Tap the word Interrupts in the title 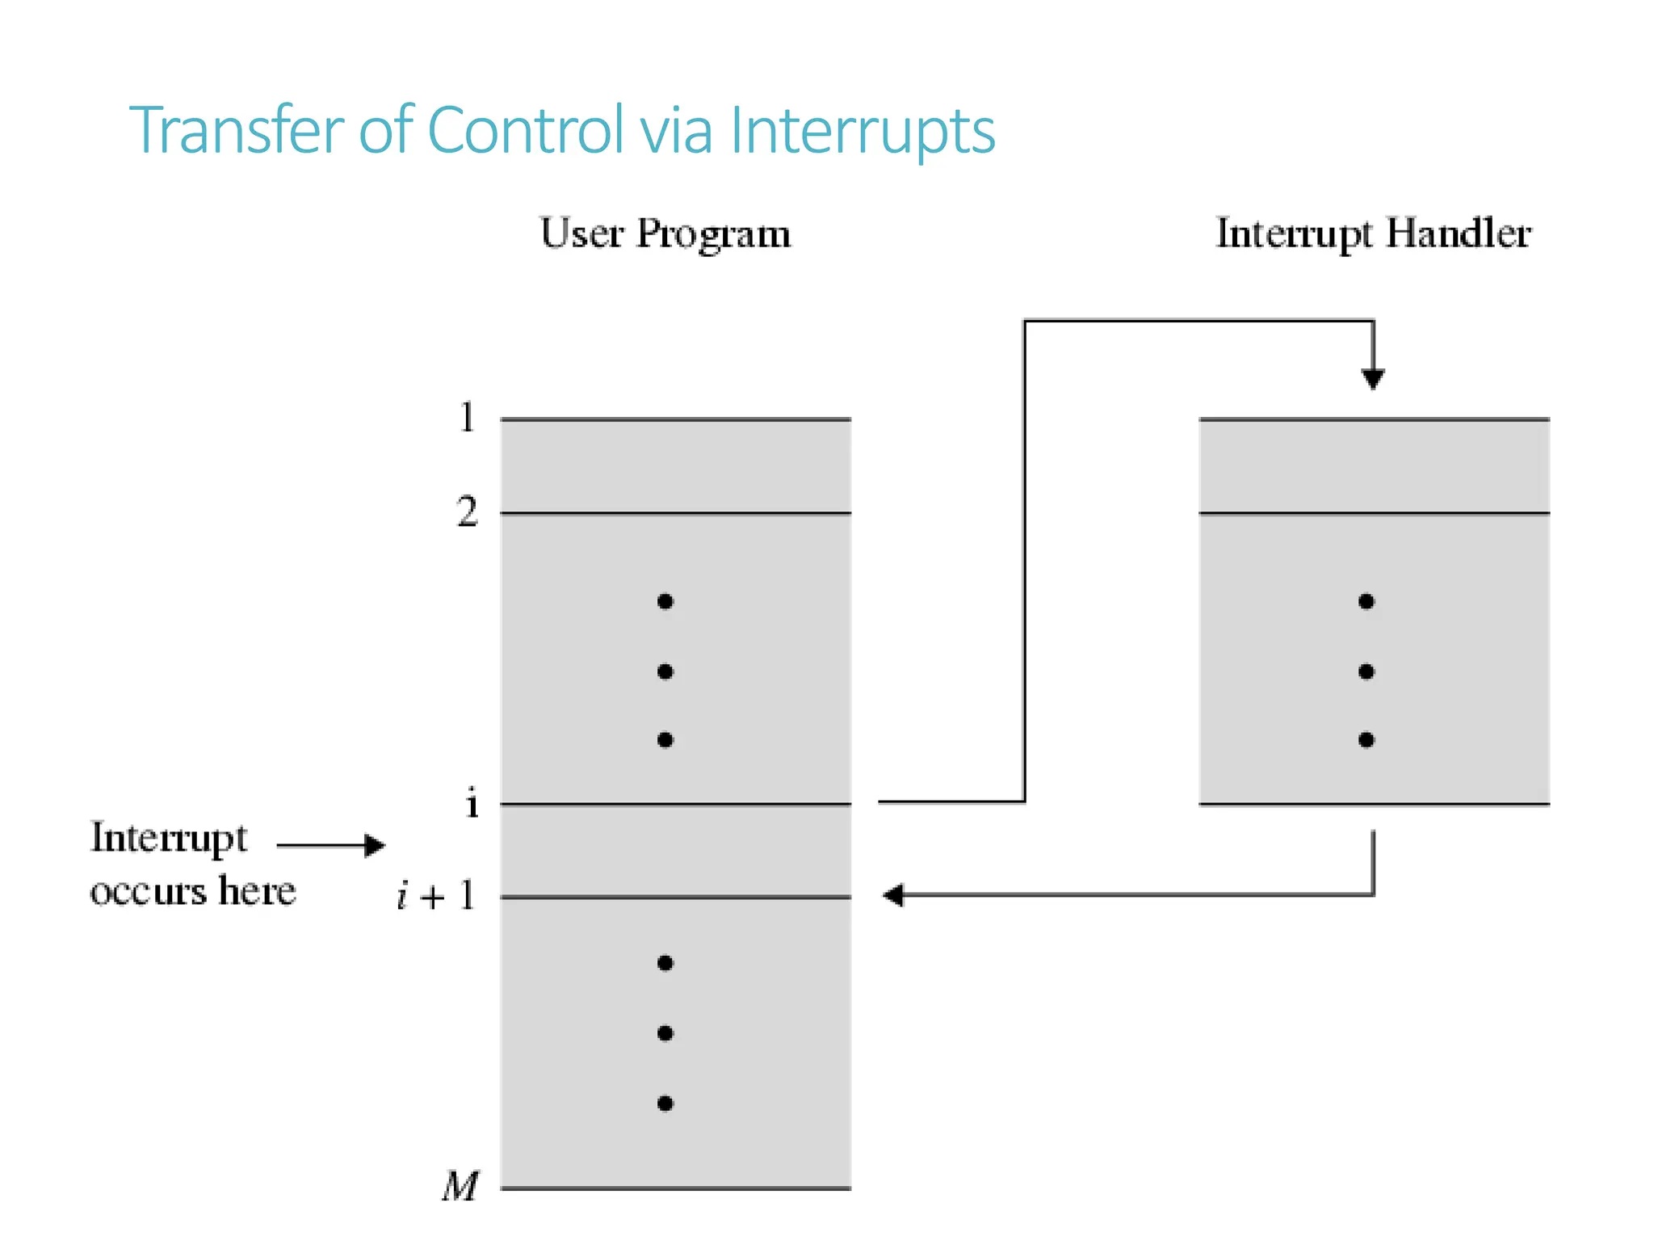[862, 132]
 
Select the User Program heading [665, 234]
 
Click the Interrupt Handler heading [1373, 234]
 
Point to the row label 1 [467, 418]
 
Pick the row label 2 [467, 512]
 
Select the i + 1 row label [436, 896]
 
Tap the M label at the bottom [460, 1186]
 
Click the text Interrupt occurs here [192, 864]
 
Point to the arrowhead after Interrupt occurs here [375, 845]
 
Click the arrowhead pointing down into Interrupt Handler [1373, 378]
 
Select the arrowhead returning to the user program [892, 895]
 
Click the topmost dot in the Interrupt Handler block [1366, 601]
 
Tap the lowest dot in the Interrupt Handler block [1366, 740]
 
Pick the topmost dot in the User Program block [665, 601]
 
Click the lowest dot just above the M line [665, 1104]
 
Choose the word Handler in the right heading [1459, 234]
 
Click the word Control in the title [525, 130]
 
